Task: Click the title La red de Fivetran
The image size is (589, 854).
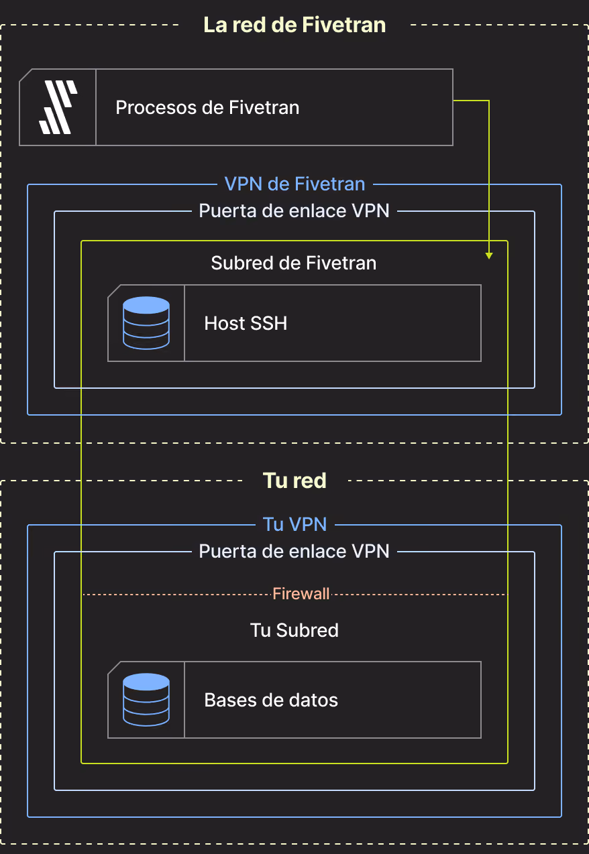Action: pyautogui.click(x=294, y=25)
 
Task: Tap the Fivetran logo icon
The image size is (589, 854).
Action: pyautogui.click(x=58, y=107)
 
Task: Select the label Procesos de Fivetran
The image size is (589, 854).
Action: pyautogui.click(x=207, y=107)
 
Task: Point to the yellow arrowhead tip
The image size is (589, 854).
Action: pyautogui.click(x=488, y=259)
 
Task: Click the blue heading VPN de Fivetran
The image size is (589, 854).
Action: pyautogui.click(x=294, y=184)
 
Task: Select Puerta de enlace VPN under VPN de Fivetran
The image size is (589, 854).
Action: pyautogui.click(x=294, y=211)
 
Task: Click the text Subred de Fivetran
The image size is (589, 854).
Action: pyautogui.click(x=294, y=263)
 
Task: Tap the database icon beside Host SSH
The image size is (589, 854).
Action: pyautogui.click(x=146, y=323)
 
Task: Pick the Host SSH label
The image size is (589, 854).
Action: pyautogui.click(x=246, y=323)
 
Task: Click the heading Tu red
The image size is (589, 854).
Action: pyautogui.click(x=294, y=481)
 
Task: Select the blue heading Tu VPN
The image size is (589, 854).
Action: pyautogui.click(x=294, y=524)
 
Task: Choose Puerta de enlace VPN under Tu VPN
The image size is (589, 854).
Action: pyautogui.click(x=294, y=551)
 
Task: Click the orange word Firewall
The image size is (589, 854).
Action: pyautogui.click(x=301, y=594)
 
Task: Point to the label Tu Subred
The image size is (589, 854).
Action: pyautogui.click(x=294, y=630)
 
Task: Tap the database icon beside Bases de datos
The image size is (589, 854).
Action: pyautogui.click(x=146, y=700)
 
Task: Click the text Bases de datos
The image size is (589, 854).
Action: pyautogui.click(x=271, y=700)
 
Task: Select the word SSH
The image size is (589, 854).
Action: pyautogui.click(x=268, y=323)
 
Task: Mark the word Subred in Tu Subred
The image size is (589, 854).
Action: pyautogui.click(x=307, y=630)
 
